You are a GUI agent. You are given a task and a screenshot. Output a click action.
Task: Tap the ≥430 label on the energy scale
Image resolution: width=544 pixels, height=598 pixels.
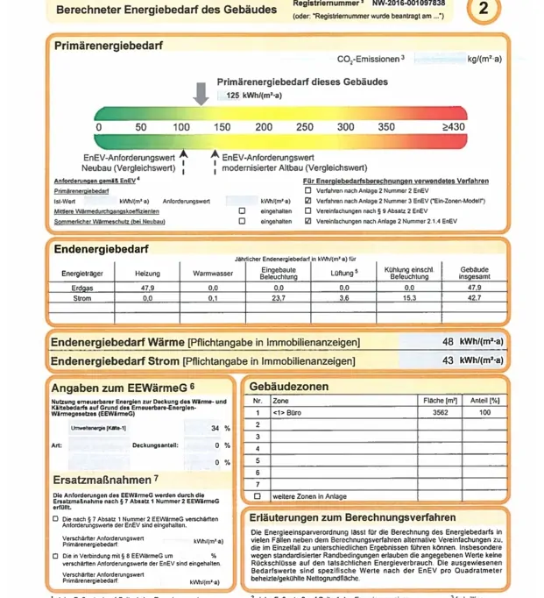pos(454,127)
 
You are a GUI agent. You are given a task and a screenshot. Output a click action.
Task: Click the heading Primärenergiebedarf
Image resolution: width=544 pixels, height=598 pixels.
pos(108,46)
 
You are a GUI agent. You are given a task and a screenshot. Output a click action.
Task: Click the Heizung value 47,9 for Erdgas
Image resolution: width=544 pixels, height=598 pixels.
pos(147,287)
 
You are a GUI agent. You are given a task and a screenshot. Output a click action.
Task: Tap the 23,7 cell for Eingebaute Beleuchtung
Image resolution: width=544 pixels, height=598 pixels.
pos(279,298)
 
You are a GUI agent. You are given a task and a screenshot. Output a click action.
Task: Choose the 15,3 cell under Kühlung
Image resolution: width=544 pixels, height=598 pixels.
pos(409,298)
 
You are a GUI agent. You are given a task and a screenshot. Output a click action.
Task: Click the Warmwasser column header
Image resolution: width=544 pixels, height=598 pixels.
pos(212,274)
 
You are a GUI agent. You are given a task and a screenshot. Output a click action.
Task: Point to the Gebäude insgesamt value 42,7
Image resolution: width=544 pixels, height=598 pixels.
pos(474,298)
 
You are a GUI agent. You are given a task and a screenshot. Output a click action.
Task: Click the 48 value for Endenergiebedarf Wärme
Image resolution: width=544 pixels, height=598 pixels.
pos(448,341)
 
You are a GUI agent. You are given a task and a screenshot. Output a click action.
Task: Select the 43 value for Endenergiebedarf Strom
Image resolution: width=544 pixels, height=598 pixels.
pos(448,360)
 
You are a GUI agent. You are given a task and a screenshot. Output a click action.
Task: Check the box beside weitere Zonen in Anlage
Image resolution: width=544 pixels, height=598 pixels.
pos(258,496)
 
